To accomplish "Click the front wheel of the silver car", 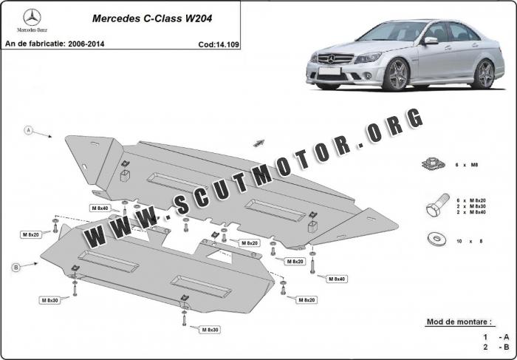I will click(397, 75).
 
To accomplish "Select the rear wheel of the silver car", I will click(485, 73).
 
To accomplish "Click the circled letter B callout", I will click(16, 265).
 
